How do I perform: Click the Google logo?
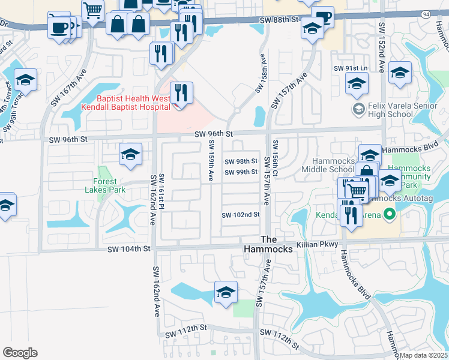(20, 353)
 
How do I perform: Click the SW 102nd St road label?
(240, 215)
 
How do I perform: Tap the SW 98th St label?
(241, 161)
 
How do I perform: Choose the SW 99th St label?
(241, 173)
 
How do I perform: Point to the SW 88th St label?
(279, 20)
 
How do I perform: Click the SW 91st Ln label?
(351, 68)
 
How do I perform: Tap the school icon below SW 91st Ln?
(357, 85)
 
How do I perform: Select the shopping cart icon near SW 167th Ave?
(92, 10)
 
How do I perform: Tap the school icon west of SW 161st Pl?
(130, 155)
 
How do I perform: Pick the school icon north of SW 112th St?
(226, 293)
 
